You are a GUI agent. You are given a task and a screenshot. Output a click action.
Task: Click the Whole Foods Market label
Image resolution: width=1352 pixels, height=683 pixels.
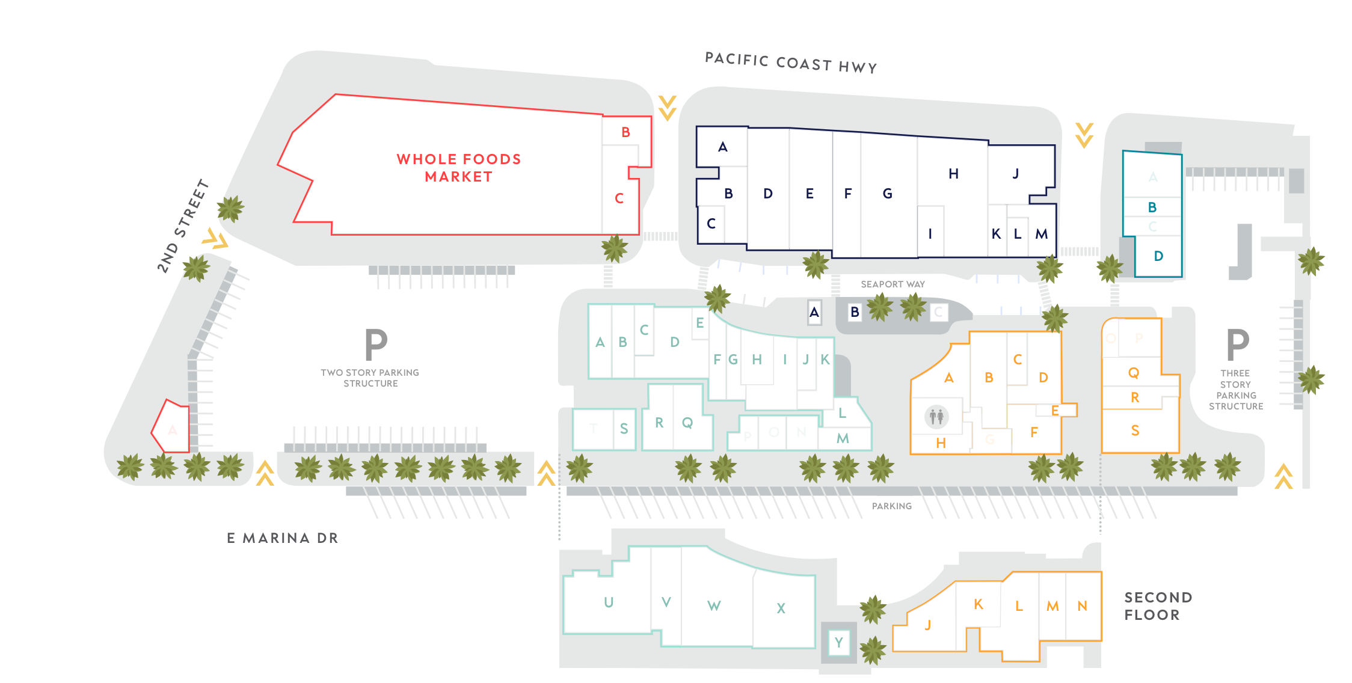pyautogui.click(x=458, y=168)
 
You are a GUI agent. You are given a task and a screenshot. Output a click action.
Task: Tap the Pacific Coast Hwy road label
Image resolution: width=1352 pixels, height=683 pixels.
pyautogui.click(x=790, y=63)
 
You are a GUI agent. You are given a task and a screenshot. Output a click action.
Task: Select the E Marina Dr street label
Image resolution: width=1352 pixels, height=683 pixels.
pyautogui.click(x=283, y=538)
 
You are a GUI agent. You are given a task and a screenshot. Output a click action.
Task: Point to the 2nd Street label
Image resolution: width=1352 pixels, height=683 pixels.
pyautogui.click(x=183, y=226)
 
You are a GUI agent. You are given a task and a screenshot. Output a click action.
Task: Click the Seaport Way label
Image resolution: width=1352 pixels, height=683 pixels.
pyautogui.click(x=893, y=284)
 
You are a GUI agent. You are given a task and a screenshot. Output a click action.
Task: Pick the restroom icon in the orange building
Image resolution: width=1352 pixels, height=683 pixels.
pyautogui.click(x=936, y=416)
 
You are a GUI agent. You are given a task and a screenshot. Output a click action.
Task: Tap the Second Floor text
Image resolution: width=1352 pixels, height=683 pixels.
pyautogui.click(x=1157, y=606)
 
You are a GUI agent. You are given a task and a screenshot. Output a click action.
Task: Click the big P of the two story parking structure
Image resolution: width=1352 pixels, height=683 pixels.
pyautogui.click(x=376, y=345)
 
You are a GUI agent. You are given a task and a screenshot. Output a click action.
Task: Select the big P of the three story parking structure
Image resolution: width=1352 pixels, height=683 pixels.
pyautogui.click(x=1238, y=345)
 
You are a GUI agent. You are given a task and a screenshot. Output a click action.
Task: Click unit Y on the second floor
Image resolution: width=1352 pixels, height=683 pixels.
pyautogui.click(x=838, y=643)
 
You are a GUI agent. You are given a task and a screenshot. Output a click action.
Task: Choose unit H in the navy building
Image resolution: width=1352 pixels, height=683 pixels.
pyautogui.click(x=953, y=174)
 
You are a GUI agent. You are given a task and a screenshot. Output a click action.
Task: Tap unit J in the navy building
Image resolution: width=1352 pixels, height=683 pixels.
pyautogui.click(x=1016, y=174)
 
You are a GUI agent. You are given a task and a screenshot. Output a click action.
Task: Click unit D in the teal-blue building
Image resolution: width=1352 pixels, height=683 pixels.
pyautogui.click(x=1158, y=256)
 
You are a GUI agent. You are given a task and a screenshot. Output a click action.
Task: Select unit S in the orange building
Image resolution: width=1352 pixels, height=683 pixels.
pyautogui.click(x=1135, y=430)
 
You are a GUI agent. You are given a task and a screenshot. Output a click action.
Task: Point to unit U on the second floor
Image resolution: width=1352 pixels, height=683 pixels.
pyautogui.click(x=609, y=602)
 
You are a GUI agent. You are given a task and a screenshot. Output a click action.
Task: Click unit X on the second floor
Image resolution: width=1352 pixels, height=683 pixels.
pyautogui.click(x=781, y=608)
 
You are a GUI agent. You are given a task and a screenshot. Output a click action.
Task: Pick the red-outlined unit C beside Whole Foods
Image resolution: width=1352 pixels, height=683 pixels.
pyautogui.click(x=619, y=198)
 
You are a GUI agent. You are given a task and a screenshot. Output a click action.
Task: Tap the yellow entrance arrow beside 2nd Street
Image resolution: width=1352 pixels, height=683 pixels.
pyautogui.click(x=215, y=239)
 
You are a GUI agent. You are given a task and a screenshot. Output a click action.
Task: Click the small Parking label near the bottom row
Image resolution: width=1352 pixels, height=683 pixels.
pyautogui.click(x=891, y=506)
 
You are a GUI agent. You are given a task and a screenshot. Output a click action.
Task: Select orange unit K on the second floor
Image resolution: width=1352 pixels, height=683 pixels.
pyautogui.click(x=979, y=604)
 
